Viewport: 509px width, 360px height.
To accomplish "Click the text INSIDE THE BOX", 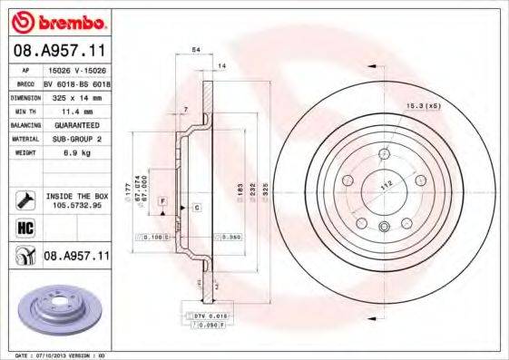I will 75,195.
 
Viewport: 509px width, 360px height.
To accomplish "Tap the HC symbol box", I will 23,229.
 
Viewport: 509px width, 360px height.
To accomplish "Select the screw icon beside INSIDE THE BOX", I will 22,199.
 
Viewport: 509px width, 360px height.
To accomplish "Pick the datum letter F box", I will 162,199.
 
